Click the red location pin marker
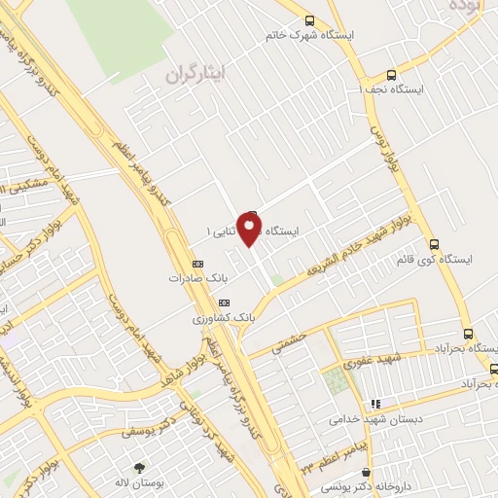pos(250,229)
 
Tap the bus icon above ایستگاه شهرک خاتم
pos(309,20)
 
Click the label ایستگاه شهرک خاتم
pos(309,35)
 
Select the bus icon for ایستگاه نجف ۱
pos(391,75)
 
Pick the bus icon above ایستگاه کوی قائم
pos(434,245)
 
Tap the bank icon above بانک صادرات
pos(198,263)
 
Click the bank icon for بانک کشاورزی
pos(198,302)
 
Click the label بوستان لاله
pos(129,482)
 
